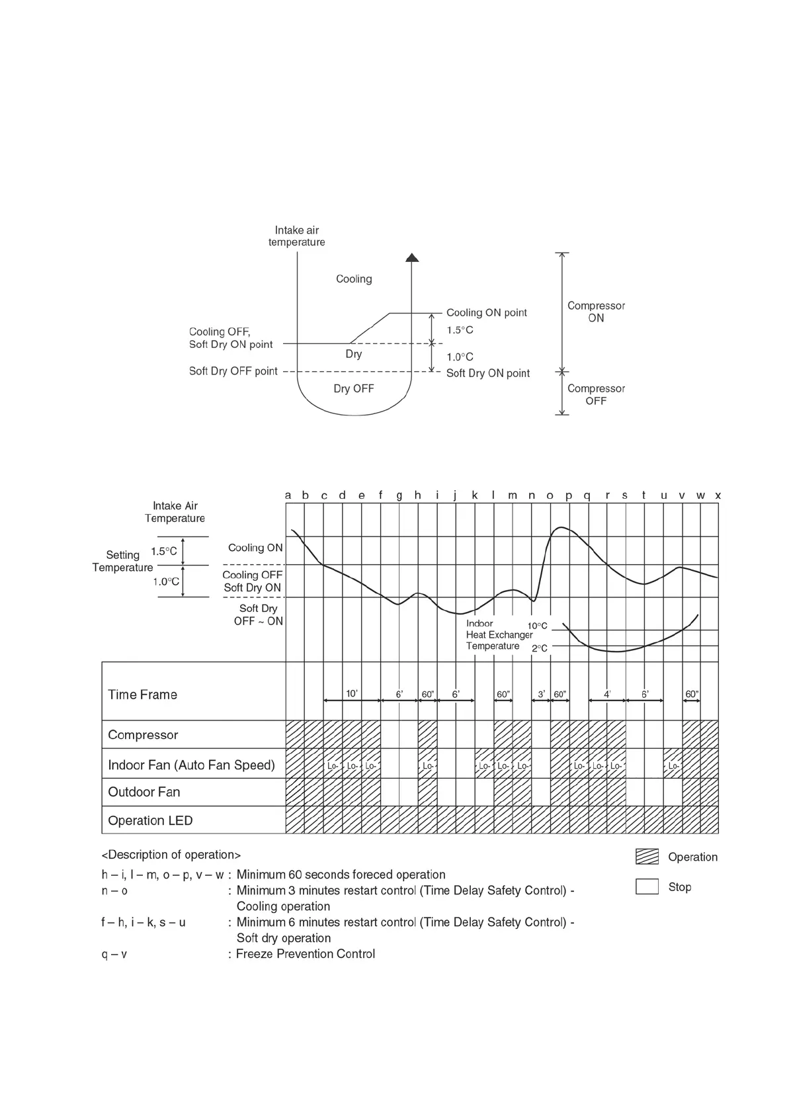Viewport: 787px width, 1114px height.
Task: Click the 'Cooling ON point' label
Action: point(486,312)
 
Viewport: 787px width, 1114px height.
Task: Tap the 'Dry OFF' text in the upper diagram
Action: point(353,388)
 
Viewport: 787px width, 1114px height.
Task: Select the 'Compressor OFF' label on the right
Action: point(596,394)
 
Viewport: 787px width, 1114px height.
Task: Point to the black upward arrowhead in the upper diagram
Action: point(412,257)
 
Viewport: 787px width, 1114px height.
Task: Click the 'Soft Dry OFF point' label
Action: point(233,371)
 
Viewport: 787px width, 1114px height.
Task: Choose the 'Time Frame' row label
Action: point(142,695)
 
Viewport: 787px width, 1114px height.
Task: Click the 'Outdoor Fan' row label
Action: point(144,792)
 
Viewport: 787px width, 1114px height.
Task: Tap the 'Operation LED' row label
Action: point(150,820)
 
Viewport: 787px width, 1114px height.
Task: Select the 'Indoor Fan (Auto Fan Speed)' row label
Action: point(191,765)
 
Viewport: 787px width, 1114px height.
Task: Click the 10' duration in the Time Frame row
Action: point(352,693)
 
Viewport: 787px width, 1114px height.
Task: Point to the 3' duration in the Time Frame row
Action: point(541,694)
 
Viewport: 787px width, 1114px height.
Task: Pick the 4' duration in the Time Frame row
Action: point(607,694)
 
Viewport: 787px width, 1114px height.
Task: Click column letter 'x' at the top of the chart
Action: point(718,495)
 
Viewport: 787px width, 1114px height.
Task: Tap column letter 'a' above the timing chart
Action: point(288,495)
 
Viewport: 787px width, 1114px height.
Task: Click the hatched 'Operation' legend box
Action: point(647,857)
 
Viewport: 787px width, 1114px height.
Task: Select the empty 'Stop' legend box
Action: point(647,886)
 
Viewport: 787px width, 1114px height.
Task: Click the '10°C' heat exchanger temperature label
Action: point(537,626)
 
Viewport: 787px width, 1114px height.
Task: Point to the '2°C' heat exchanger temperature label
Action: point(540,648)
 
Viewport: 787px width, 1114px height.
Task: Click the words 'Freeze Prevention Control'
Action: point(306,953)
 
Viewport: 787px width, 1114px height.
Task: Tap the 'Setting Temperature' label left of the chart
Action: point(122,561)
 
